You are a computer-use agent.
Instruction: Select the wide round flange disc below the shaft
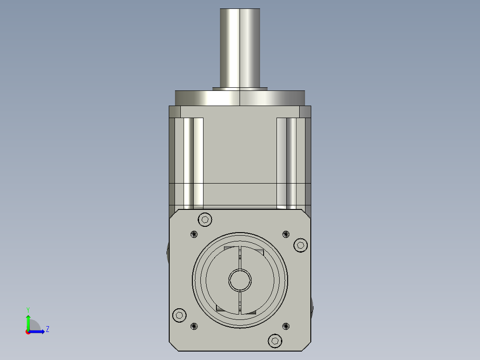click(240, 98)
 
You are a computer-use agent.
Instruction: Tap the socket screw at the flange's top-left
click(205, 219)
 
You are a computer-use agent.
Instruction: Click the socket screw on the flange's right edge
click(300, 245)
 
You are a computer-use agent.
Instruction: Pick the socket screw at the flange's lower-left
click(179, 315)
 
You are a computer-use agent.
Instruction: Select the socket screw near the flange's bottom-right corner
click(275, 341)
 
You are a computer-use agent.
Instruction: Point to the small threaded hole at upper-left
click(194, 234)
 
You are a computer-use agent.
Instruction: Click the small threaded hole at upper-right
click(286, 234)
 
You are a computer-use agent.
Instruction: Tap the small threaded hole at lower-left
click(194, 326)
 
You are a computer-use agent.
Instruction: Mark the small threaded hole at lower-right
click(286, 326)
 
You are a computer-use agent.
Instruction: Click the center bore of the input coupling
click(240, 280)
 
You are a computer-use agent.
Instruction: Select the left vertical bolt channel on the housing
click(193, 163)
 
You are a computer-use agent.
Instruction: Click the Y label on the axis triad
click(28, 309)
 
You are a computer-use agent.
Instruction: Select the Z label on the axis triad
click(47, 329)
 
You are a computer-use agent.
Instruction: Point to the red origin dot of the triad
click(28, 332)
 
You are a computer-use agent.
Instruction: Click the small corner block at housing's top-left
click(175, 111)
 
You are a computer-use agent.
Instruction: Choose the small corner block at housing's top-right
click(305, 111)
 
